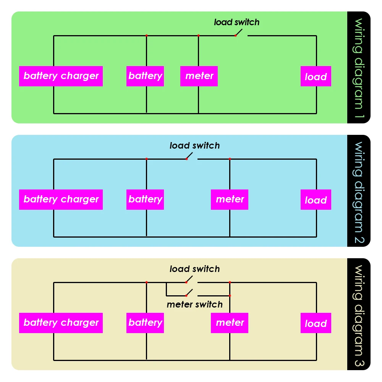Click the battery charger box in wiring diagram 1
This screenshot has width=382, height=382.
pos(61,76)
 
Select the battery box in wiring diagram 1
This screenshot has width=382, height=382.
pos(145,76)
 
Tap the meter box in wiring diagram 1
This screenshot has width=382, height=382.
pos(199,76)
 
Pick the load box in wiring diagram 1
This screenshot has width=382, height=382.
pos(316,76)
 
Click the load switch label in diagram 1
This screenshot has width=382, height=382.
pos(236,22)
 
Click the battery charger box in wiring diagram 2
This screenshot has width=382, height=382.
pos(61,199)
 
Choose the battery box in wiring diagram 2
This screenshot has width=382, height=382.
pos(145,199)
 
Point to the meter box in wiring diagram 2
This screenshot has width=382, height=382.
pos(230,199)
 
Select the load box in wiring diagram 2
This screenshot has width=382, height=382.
pos(316,200)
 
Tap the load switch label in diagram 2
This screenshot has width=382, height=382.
pos(194,146)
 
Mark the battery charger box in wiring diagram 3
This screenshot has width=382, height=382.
pos(61,323)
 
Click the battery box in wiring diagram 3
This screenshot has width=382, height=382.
pos(145,323)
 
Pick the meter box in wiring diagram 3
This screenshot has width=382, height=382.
pos(230,323)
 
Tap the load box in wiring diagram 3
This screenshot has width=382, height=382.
pos(316,323)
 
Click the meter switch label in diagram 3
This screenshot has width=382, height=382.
pos(194,304)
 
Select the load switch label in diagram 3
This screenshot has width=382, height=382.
pos(194,269)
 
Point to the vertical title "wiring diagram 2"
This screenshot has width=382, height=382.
pos(359,191)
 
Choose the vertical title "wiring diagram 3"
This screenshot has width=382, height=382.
pos(359,314)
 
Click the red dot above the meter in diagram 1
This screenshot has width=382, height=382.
pos(199,36)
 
